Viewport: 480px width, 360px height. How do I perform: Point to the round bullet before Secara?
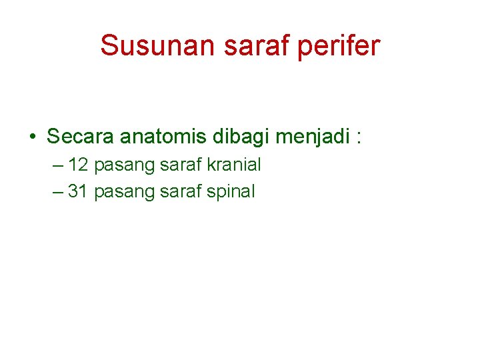[x=32, y=137]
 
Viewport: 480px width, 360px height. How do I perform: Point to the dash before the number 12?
[x=57, y=165]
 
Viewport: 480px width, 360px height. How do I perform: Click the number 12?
[x=79, y=164]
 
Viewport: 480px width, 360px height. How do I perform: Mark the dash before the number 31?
[x=57, y=192]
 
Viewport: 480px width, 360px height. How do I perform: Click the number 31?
[x=79, y=191]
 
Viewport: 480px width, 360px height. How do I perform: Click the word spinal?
[x=231, y=192]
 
